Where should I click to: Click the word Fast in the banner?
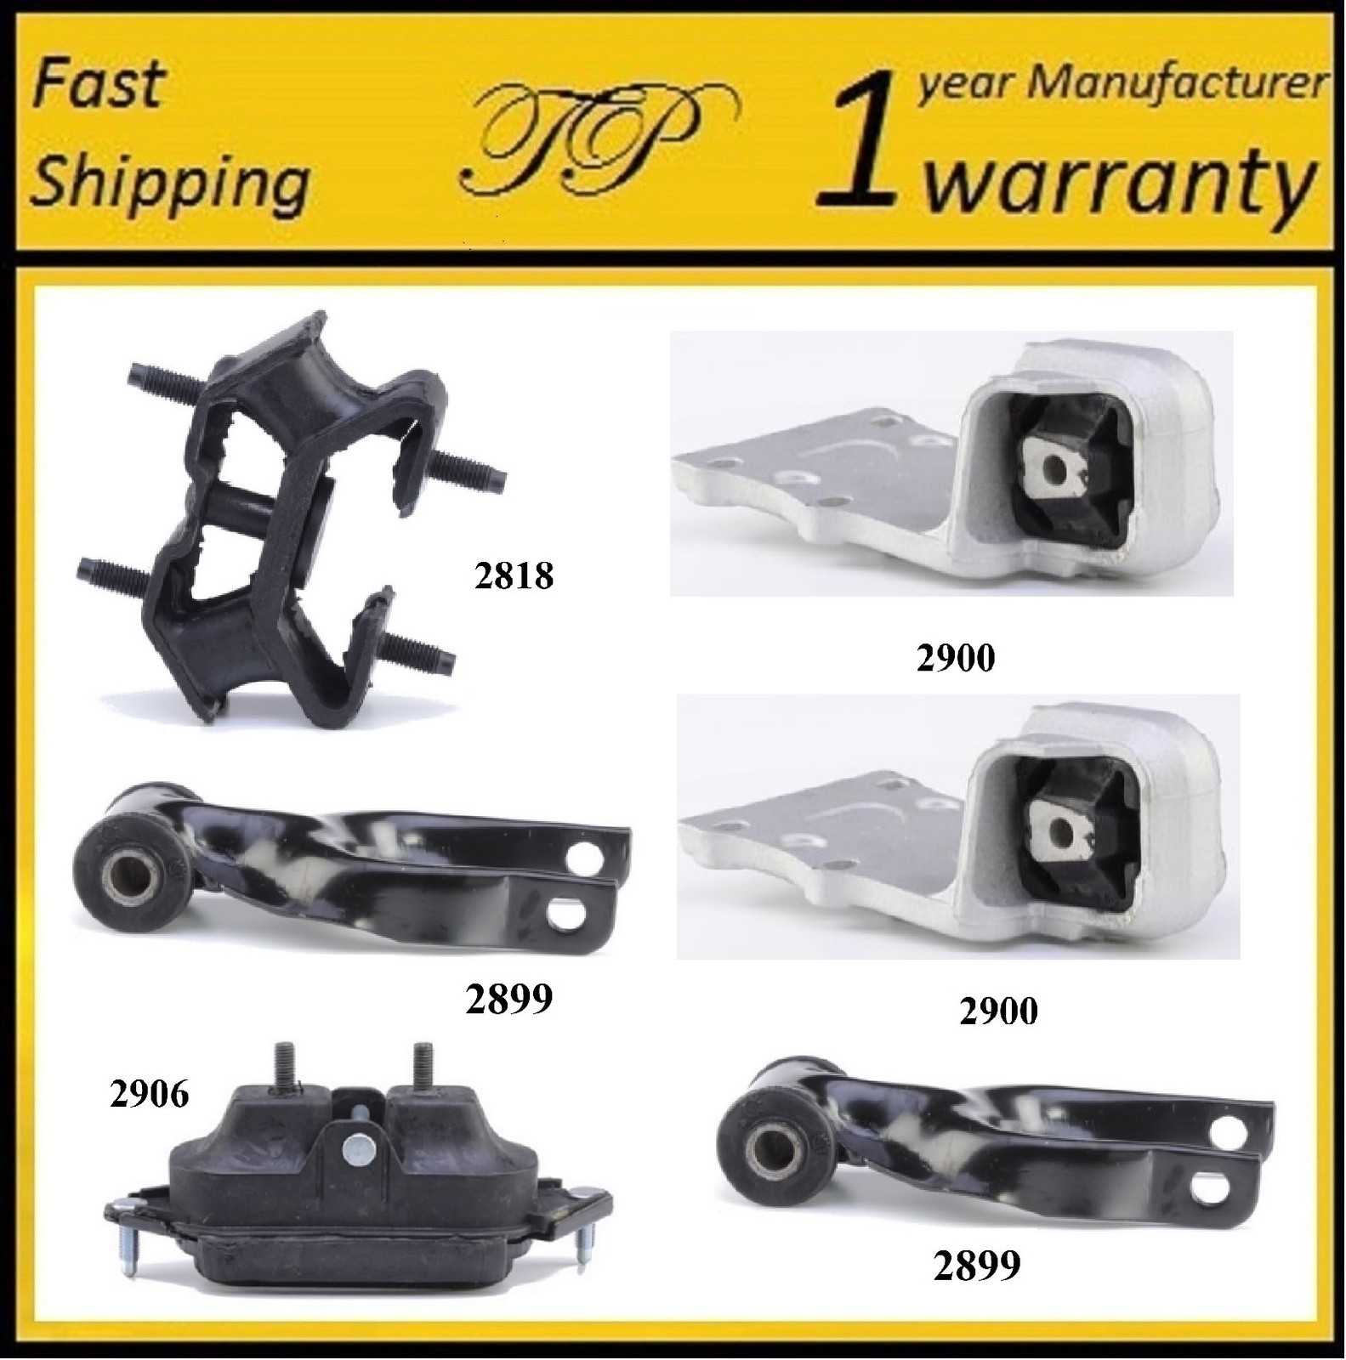click(x=100, y=85)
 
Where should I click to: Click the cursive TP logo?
click(x=596, y=139)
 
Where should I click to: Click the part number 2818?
click(x=514, y=576)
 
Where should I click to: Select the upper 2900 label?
click(x=955, y=657)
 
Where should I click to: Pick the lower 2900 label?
click(x=997, y=1011)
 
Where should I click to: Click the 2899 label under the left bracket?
click(x=508, y=999)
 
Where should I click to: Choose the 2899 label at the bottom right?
click(x=976, y=1266)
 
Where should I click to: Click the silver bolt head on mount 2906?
click(x=355, y=1152)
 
